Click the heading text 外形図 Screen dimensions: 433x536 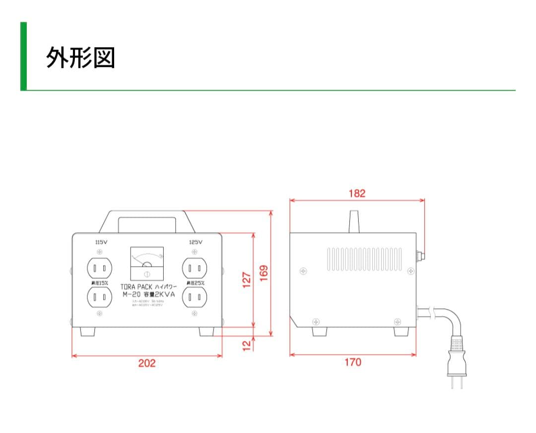[x=80, y=58]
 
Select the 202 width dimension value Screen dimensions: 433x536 [x=146, y=363]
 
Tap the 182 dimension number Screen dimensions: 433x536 [x=357, y=193]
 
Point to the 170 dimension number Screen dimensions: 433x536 [x=353, y=363]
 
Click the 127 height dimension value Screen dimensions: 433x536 [x=247, y=279]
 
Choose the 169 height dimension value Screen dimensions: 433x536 [x=264, y=272]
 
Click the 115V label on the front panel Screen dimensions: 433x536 [x=101, y=242]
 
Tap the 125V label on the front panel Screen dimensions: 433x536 [x=196, y=242]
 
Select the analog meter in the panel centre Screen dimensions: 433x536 [x=147, y=264]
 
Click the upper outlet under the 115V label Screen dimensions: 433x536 [x=99, y=268]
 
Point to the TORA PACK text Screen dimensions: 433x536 [x=136, y=287]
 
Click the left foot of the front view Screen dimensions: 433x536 [x=88, y=331]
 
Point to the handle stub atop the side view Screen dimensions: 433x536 [x=353, y=221]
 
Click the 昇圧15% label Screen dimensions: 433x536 [x=99, y=283]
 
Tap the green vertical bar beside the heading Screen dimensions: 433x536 [x=23, y=56]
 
